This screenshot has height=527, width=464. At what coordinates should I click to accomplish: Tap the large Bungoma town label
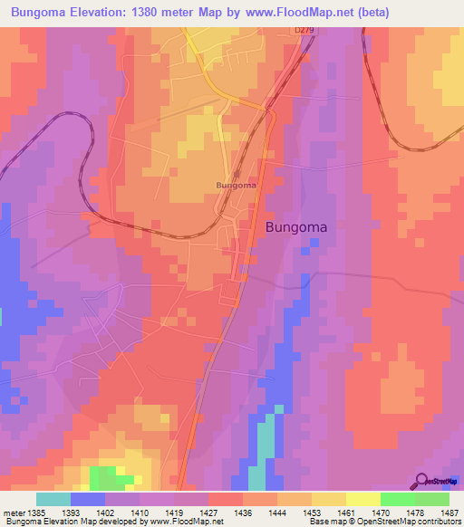tap(296, 228)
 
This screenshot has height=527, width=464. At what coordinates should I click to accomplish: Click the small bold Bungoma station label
tap(236, 185)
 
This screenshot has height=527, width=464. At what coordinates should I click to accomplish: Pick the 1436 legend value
tap(242, 513)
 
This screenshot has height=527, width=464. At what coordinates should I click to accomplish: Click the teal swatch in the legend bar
tap(53, 499)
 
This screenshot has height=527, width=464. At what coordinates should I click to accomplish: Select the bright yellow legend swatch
tap(363, 499)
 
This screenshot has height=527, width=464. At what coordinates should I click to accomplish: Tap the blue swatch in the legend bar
tap(88, 499)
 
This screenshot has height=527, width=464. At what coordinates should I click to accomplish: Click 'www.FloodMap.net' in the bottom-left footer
tap(186, 522)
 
